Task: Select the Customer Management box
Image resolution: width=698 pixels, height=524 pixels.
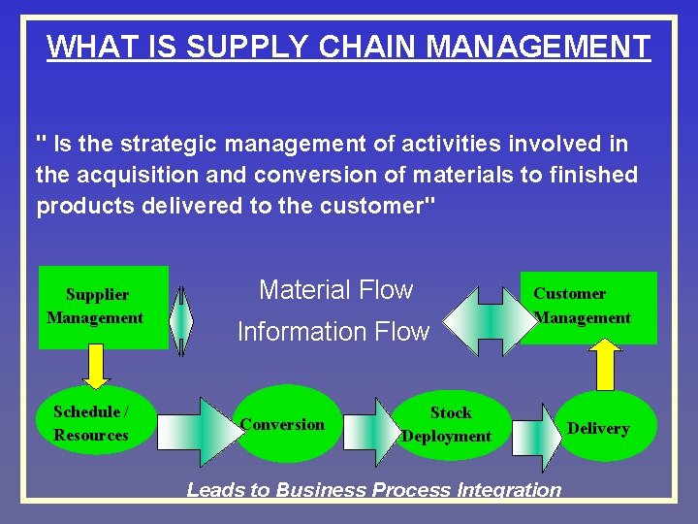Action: [x=588, y=307]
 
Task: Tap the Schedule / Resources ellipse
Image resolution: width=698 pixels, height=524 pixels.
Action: [x=91, y=424]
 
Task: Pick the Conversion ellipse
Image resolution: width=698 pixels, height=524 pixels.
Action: [x=283, y=424]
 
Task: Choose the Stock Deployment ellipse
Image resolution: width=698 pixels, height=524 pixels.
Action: [x=447, y=424]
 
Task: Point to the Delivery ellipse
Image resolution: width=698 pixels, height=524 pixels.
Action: [x=598, y=428]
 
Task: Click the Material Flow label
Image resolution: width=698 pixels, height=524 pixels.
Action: [x=335, y=289]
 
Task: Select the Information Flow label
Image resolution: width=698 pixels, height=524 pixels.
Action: [x=333, y=332]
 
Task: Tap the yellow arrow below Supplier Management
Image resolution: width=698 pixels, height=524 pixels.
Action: [x=95, y=364]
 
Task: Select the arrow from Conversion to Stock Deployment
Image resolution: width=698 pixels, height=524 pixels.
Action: [x=372, y=430]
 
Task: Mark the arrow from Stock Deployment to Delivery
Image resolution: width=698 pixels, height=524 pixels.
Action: [x=535, y=430]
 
